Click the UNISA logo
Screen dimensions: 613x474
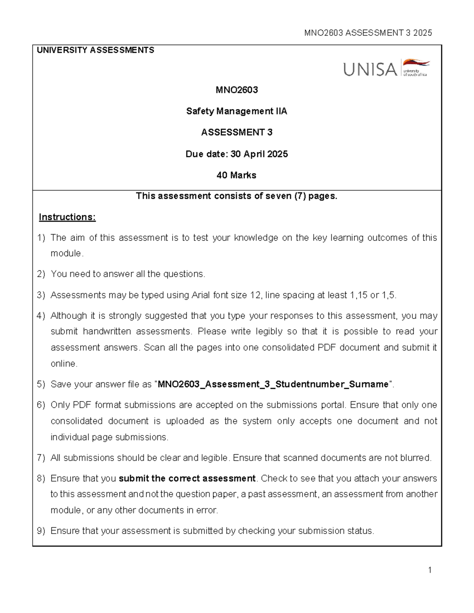pyautogui.click(x=386, y=69)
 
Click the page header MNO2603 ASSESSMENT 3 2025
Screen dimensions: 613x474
pyautogui.click(x=368, y=33)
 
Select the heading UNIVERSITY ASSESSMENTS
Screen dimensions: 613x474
pyautogui.click(x=95, y=50)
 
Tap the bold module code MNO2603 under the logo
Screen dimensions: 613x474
pyautogui.click(x=237, y=90)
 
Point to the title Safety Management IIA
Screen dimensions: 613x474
pyautogui.click(x=237, y=111)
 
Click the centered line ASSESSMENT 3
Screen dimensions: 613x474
pyautogui.click(x=237, y=133)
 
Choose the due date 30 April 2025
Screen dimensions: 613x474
pyautogui.click(x=259, y=154)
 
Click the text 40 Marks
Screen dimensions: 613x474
pyautogui.click(x=236, y=175)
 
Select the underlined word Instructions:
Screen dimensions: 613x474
pyautogui.click(x=67, y=217)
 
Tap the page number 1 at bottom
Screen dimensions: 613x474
pyautogui.click(x=429, y=570)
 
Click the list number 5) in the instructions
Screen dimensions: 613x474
pyautogui.click(x=41, y=384)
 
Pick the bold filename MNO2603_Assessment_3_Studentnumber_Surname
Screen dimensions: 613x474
pyautogui.click(x=273, y=384)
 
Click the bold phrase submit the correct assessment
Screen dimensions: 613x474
pyautogui.click(x=187, y=478)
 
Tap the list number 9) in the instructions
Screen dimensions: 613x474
pyautogui.click(x=41, y=531)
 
